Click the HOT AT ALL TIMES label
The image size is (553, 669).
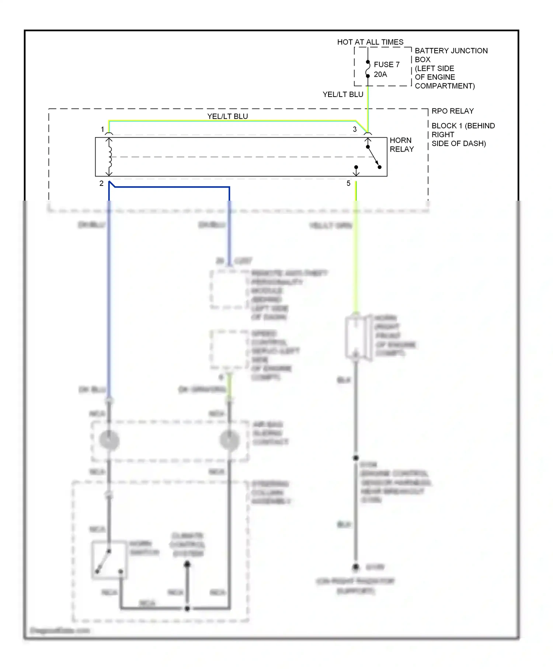(x=370, y=42)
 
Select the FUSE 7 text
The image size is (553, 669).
(x=386, y=65)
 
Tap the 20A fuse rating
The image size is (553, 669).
(x=380, y=74)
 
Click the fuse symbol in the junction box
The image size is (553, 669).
(x=368, y=69)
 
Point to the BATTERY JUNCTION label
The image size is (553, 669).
(x=451, y=51)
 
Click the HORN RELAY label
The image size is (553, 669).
(x=401, y=145)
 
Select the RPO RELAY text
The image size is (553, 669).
(x=452, y=111)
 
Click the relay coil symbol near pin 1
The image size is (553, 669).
(x=109, y=157)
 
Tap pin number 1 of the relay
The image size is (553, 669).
(x=102, y=129)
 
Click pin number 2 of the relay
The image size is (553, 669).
(x=101, y=183)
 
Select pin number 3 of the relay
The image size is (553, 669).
(x=355, y=129)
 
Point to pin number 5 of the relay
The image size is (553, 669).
(x=348, y=183)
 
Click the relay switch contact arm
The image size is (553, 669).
(x=373, y=156)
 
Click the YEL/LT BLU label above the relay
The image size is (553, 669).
(x=227, y=117)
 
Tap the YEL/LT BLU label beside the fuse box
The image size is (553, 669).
(x=343, y=95)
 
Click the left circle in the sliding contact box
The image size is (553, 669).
(x=109, y=440)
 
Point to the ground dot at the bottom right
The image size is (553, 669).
(x=355, y=567)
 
